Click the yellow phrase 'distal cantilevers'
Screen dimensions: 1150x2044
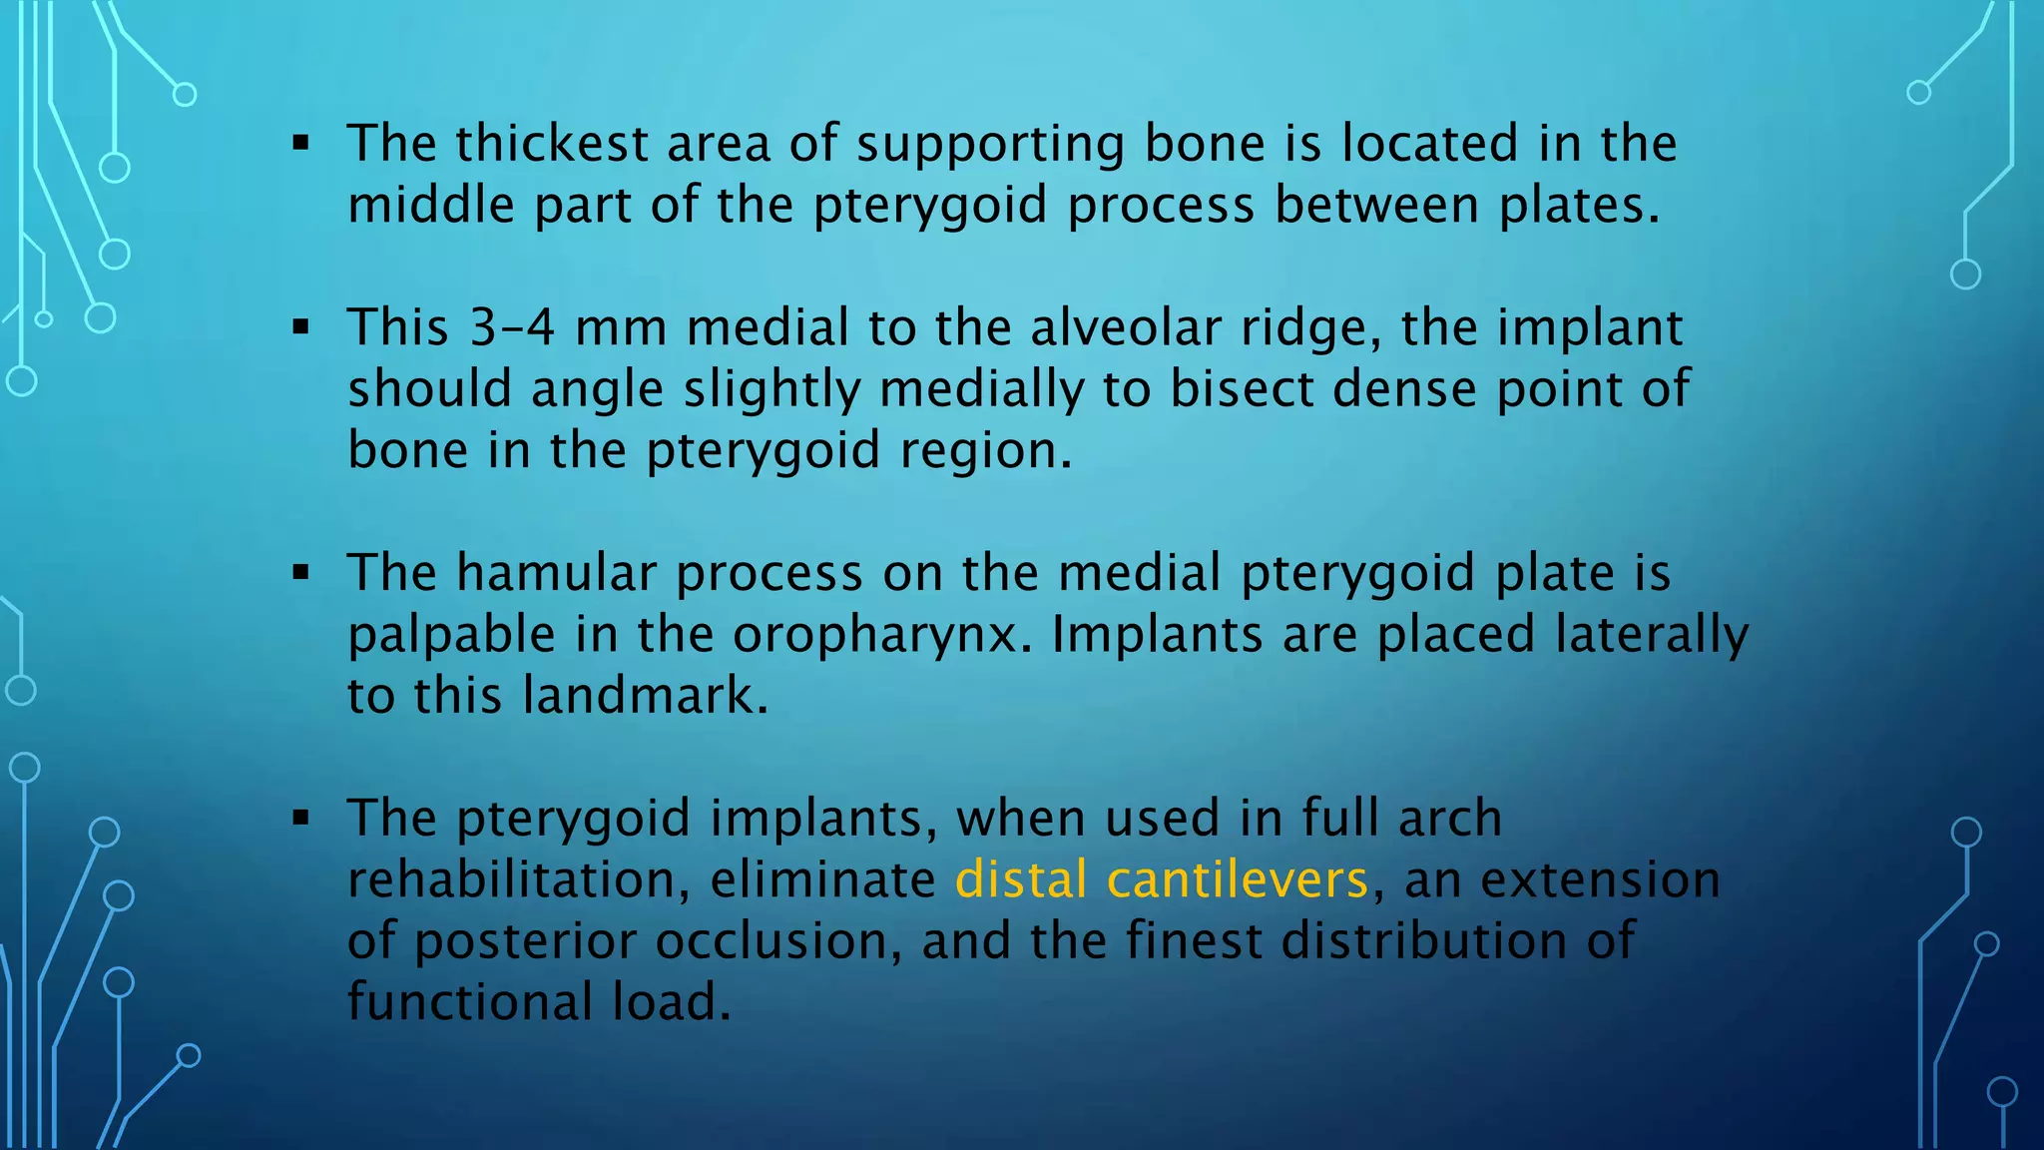pos(1161,880)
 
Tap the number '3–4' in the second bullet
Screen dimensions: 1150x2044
pos(512,327)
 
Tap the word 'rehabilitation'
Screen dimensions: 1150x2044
pos(518,880)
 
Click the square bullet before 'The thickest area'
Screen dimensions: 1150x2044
pos(301,144)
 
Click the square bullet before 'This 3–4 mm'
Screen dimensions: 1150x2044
pos(301,327)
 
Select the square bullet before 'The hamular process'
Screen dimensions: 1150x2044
pos(301,574)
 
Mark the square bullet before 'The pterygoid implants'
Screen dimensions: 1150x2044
pos(301,819)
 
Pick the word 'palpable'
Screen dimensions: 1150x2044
pos(451,636)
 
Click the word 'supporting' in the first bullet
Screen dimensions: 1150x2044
pos(990,144)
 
